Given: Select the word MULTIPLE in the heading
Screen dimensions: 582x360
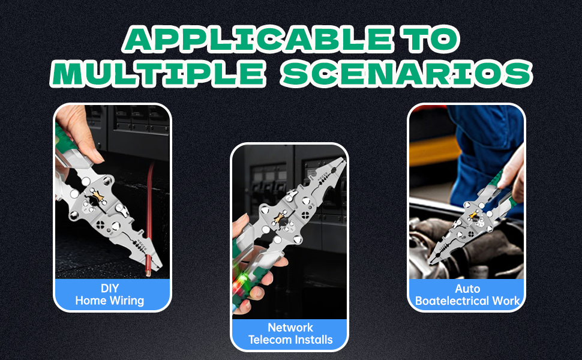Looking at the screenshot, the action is click(158, 73).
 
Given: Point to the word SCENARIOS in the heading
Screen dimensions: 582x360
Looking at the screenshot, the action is click(407, 73).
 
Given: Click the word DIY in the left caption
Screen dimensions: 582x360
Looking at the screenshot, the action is click(110, 289).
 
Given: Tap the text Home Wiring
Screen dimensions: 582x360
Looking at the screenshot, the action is click(109, 300).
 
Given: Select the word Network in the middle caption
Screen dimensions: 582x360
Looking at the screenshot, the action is click(290, 328).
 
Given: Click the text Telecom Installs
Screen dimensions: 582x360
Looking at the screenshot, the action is click(290, 340).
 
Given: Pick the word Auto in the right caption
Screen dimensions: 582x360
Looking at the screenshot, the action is click(467, 289).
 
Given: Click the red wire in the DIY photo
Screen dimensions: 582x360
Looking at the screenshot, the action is click(149, 219).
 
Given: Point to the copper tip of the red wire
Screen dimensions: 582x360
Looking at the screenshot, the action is click(148, 274).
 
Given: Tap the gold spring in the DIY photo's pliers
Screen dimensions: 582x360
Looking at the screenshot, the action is click(97, 196).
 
